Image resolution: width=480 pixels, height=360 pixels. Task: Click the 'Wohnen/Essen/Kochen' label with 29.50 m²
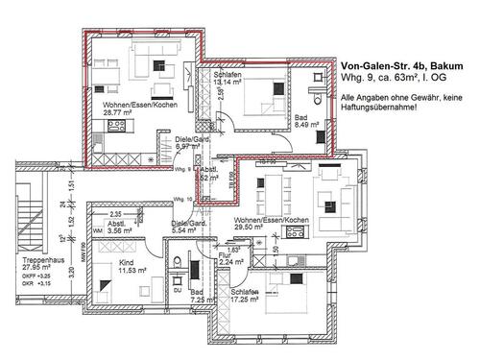coord(272,220)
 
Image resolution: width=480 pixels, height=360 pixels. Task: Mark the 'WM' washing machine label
coord(97,231)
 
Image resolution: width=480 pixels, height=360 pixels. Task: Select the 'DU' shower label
coord(177,289)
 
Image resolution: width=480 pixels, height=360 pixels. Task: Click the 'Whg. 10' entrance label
coord(184,198)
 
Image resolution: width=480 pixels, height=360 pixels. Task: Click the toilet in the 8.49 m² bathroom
coord(318,95)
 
